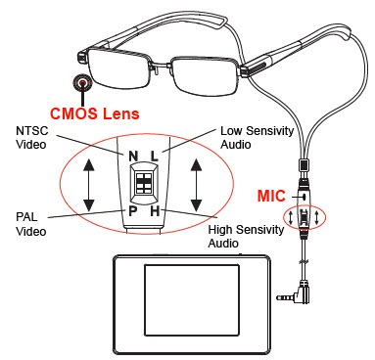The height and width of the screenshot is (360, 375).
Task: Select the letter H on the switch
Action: tap(159, 211)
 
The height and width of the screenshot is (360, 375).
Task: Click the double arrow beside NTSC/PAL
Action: tap(90, 183)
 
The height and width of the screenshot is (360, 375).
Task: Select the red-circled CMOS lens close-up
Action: tap(84, 83)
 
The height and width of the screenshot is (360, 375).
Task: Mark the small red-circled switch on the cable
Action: tap(305, 216)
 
